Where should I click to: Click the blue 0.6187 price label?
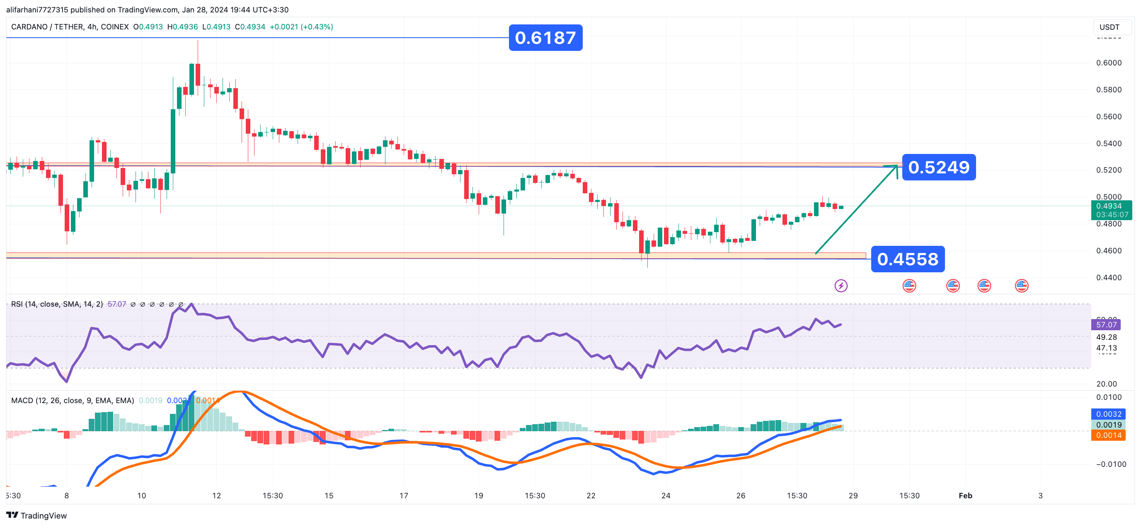tap(545, 38)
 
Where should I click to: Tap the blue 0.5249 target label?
tap(939, 167)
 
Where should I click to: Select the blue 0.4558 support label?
tap(908, 259)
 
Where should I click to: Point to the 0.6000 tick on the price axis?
tap(1109, 63)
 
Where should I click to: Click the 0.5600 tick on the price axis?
tap(1109, 117)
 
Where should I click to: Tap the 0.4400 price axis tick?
tap(1109, 278)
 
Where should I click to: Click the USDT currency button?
tap(1109, 27)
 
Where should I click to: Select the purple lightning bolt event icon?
tap(841, 286)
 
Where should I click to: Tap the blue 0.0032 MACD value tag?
tap(1108, 414)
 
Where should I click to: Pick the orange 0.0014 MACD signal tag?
tap(1108, 435)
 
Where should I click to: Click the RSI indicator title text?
tap(57, 304)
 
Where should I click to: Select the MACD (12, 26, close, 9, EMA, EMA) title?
tap(72, 400)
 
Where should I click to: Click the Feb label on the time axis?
tap(965, 495)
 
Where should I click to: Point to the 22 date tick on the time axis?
tap(591, 495)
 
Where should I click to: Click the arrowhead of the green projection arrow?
tap(896, 166)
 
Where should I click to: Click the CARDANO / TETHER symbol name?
tap(47, 27)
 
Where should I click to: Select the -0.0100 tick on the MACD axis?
tap(1110, 464)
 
